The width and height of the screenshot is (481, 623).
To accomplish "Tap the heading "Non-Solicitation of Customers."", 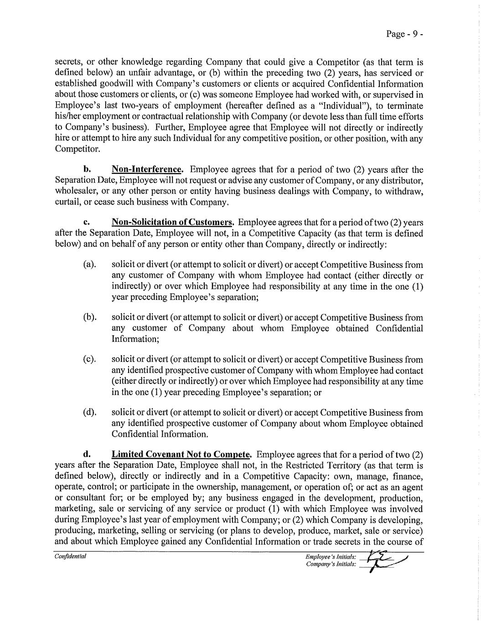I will click(173, 223).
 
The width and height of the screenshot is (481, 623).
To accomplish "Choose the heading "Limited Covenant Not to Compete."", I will click(182, 455).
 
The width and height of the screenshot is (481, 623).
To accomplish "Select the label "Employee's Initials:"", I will click(331, 557).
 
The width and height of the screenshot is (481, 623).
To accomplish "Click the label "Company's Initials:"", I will click(331, 565).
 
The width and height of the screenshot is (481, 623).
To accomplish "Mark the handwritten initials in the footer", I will click(382, 560).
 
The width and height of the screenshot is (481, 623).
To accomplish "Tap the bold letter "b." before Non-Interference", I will click(86, 170).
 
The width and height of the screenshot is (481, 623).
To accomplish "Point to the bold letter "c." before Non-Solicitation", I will click(86, 223).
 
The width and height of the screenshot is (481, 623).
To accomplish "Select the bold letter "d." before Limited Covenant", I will click(86, 455).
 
